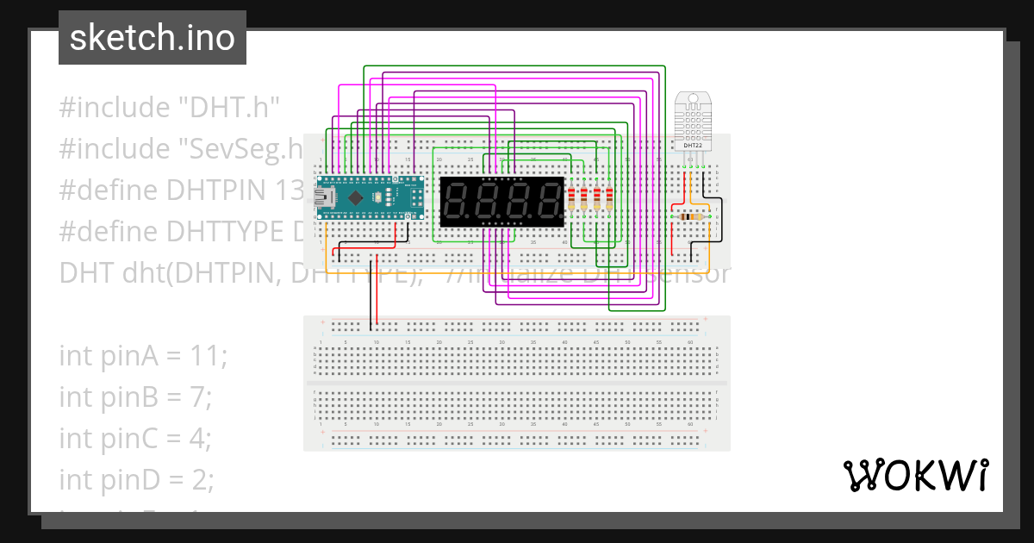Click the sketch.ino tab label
click(x=152, y=38)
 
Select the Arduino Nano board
click(x=371, y=196)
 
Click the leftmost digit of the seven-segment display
click(x=456, y=203)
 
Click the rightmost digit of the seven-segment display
click(x=548, y=203)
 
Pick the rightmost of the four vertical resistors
click(x=609, y=199)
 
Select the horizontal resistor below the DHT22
click(x=690, y=216)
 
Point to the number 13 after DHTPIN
click(x=287, y=190)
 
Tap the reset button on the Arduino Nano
click(x=379, y=197)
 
